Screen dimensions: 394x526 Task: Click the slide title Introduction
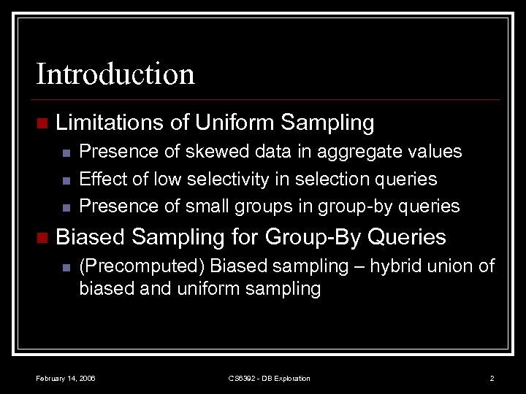tap(115, 74)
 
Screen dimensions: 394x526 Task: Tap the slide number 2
tap(492, 378)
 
